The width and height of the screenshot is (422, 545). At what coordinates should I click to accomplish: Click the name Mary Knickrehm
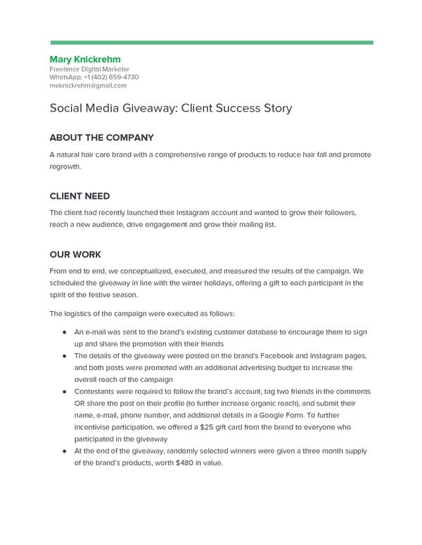(x=86, y=59)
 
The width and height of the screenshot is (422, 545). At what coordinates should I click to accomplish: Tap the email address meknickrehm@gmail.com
(x=88, y=86)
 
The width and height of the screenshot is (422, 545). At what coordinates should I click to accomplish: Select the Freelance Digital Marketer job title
(x=89, y=70)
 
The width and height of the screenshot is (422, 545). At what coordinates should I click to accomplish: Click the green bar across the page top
(x=211, y=43)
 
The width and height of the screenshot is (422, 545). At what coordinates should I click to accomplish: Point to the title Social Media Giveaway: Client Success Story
(x=170, y=109)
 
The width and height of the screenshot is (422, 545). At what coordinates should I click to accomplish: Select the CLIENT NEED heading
(x=79, y=196)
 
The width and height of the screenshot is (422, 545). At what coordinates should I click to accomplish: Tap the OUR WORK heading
(x=75, y=254)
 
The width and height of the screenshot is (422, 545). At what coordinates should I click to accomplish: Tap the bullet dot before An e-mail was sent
(x=65, y=331)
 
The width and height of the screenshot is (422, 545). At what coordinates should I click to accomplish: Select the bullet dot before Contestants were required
(x=65, y=391)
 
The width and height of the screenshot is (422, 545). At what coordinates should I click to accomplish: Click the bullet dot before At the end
(x=65, y=452)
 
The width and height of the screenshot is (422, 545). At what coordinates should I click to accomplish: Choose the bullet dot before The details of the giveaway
(x=65, y=356)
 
